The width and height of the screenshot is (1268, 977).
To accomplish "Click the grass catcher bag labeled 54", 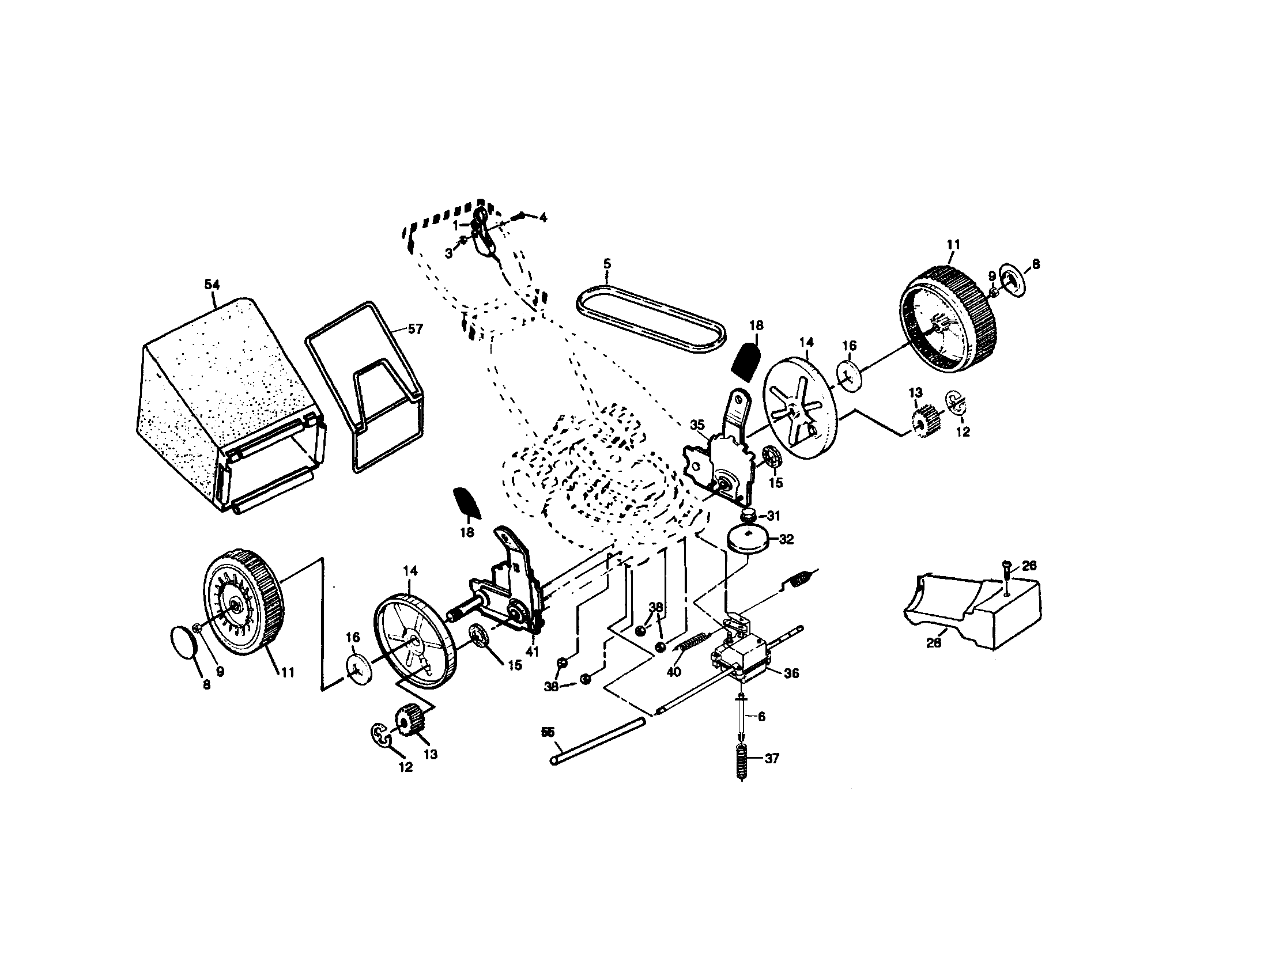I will pos(227,400).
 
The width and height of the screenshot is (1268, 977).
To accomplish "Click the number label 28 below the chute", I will pos(933,643).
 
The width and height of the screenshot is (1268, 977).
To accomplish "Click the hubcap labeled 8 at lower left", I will pos(184,641).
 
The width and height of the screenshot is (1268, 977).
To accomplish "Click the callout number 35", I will pos(697,425).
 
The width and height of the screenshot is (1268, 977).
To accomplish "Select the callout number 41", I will pos(532,652).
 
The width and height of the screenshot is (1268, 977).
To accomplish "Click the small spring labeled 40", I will pos(694,641).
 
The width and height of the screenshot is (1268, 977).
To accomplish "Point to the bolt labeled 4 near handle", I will pos(521,218).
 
